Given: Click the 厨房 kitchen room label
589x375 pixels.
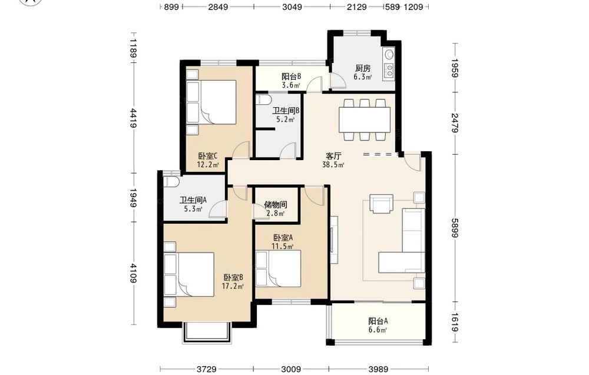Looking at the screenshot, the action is click(363, 68).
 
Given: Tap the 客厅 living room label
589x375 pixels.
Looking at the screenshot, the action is click(333, 156).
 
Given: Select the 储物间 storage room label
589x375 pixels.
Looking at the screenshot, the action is click(275, 205).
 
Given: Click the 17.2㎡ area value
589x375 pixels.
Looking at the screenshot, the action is click(233, 287).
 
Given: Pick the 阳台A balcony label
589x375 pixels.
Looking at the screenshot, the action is click(378, 321).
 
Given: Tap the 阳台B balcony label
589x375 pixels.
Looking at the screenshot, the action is click(292, 77).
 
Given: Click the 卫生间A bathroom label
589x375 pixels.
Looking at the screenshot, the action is click(193, 200).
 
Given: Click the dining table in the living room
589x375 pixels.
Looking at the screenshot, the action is click(365, 120).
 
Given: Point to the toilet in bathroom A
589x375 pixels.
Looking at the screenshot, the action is click(171, 181).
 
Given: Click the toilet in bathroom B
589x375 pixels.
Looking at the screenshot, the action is click(263, 99).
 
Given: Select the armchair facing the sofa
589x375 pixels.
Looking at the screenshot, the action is click(382, 203).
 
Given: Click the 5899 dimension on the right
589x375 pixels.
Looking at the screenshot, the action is click(455, 228).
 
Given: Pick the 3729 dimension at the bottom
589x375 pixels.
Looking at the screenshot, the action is click(207, 369).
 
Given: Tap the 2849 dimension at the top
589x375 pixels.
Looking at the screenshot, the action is click(219, 6).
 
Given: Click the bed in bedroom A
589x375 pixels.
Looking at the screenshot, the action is click(279, 269).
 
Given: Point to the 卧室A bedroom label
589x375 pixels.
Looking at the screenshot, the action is click(283, 238).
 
